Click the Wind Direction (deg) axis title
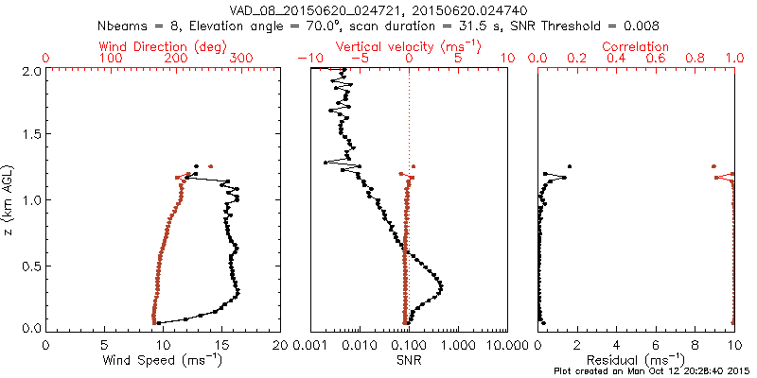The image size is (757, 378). (163, 46)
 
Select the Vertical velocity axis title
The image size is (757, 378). (408, 46)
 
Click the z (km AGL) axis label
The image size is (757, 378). (11, 199)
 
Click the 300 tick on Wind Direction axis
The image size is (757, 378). (241, 59)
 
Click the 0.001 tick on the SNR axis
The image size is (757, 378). (310, 344)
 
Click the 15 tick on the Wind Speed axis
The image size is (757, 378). (221, 344)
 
